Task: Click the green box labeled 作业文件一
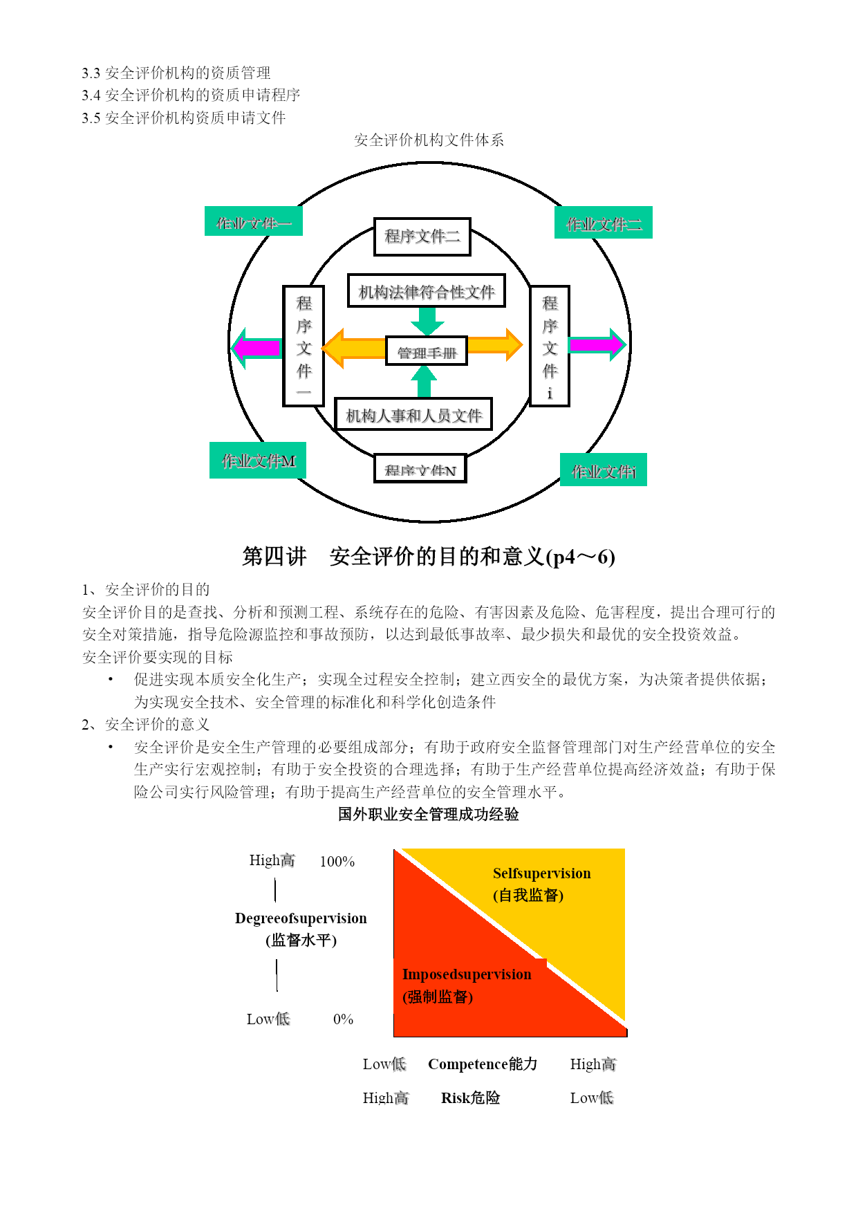click(253, 221)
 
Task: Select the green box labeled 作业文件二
click(604, 223)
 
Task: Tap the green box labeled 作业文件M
click(258, 461)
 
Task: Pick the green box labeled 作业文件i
click(604, 470)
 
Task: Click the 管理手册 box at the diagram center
click(427, 351)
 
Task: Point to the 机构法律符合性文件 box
click(427, 290)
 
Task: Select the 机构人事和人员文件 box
click(413, 414)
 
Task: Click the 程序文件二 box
click(422, 237)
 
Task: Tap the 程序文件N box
click(420, 469)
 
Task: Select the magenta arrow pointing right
click(597, 344)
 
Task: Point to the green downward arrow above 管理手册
click(427, 321)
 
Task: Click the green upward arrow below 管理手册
click(424, 381)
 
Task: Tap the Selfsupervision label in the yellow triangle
click(541, 873)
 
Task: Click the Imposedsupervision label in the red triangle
click(467, 974)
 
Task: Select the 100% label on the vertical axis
click(337, 862)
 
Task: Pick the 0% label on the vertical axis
click(343, 1019)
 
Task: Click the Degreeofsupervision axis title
click(301, 918)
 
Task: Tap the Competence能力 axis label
click(483, 1064)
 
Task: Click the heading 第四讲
click(274, 556)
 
